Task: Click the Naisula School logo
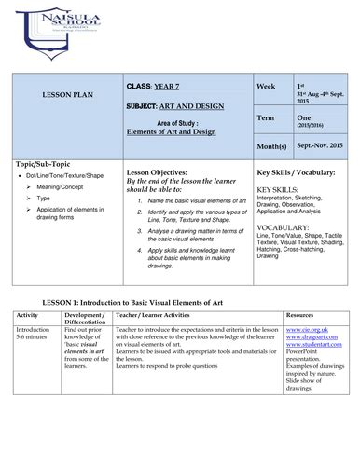(46, 28)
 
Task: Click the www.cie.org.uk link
(305, 330)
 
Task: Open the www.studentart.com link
(312, 345)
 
